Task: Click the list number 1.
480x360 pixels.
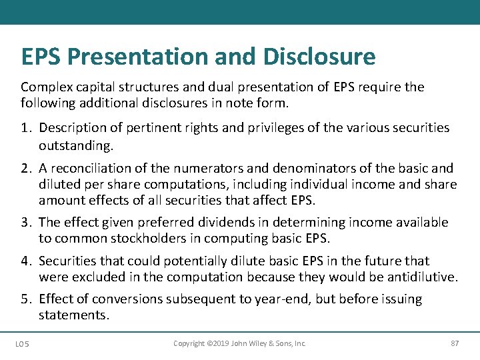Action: pyautogui.click(x=25, y=127)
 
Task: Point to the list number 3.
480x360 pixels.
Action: pyautogui.click(x=25, y=223)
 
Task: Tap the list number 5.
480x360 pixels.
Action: pyautogui.click(x=25, y=299)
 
